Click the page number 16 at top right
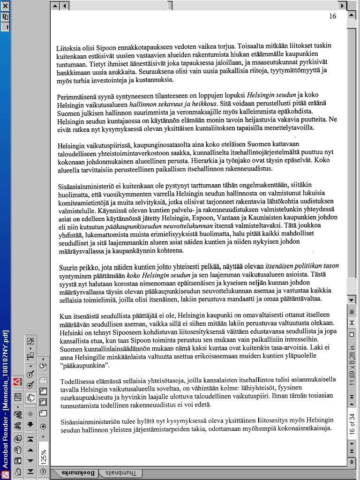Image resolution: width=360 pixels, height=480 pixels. click(x=332, y=16)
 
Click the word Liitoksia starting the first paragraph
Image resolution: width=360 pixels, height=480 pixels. click(x=70, y=48)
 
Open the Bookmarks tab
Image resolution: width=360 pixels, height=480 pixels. click(x=79, y=473)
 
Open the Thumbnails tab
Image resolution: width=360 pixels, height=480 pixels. click(x=121, y=473)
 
